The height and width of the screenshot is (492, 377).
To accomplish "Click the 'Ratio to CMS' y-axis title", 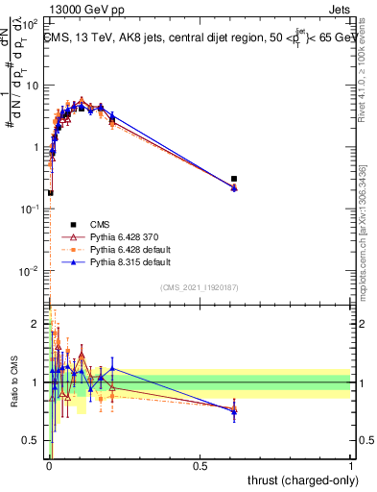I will [14, 382].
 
